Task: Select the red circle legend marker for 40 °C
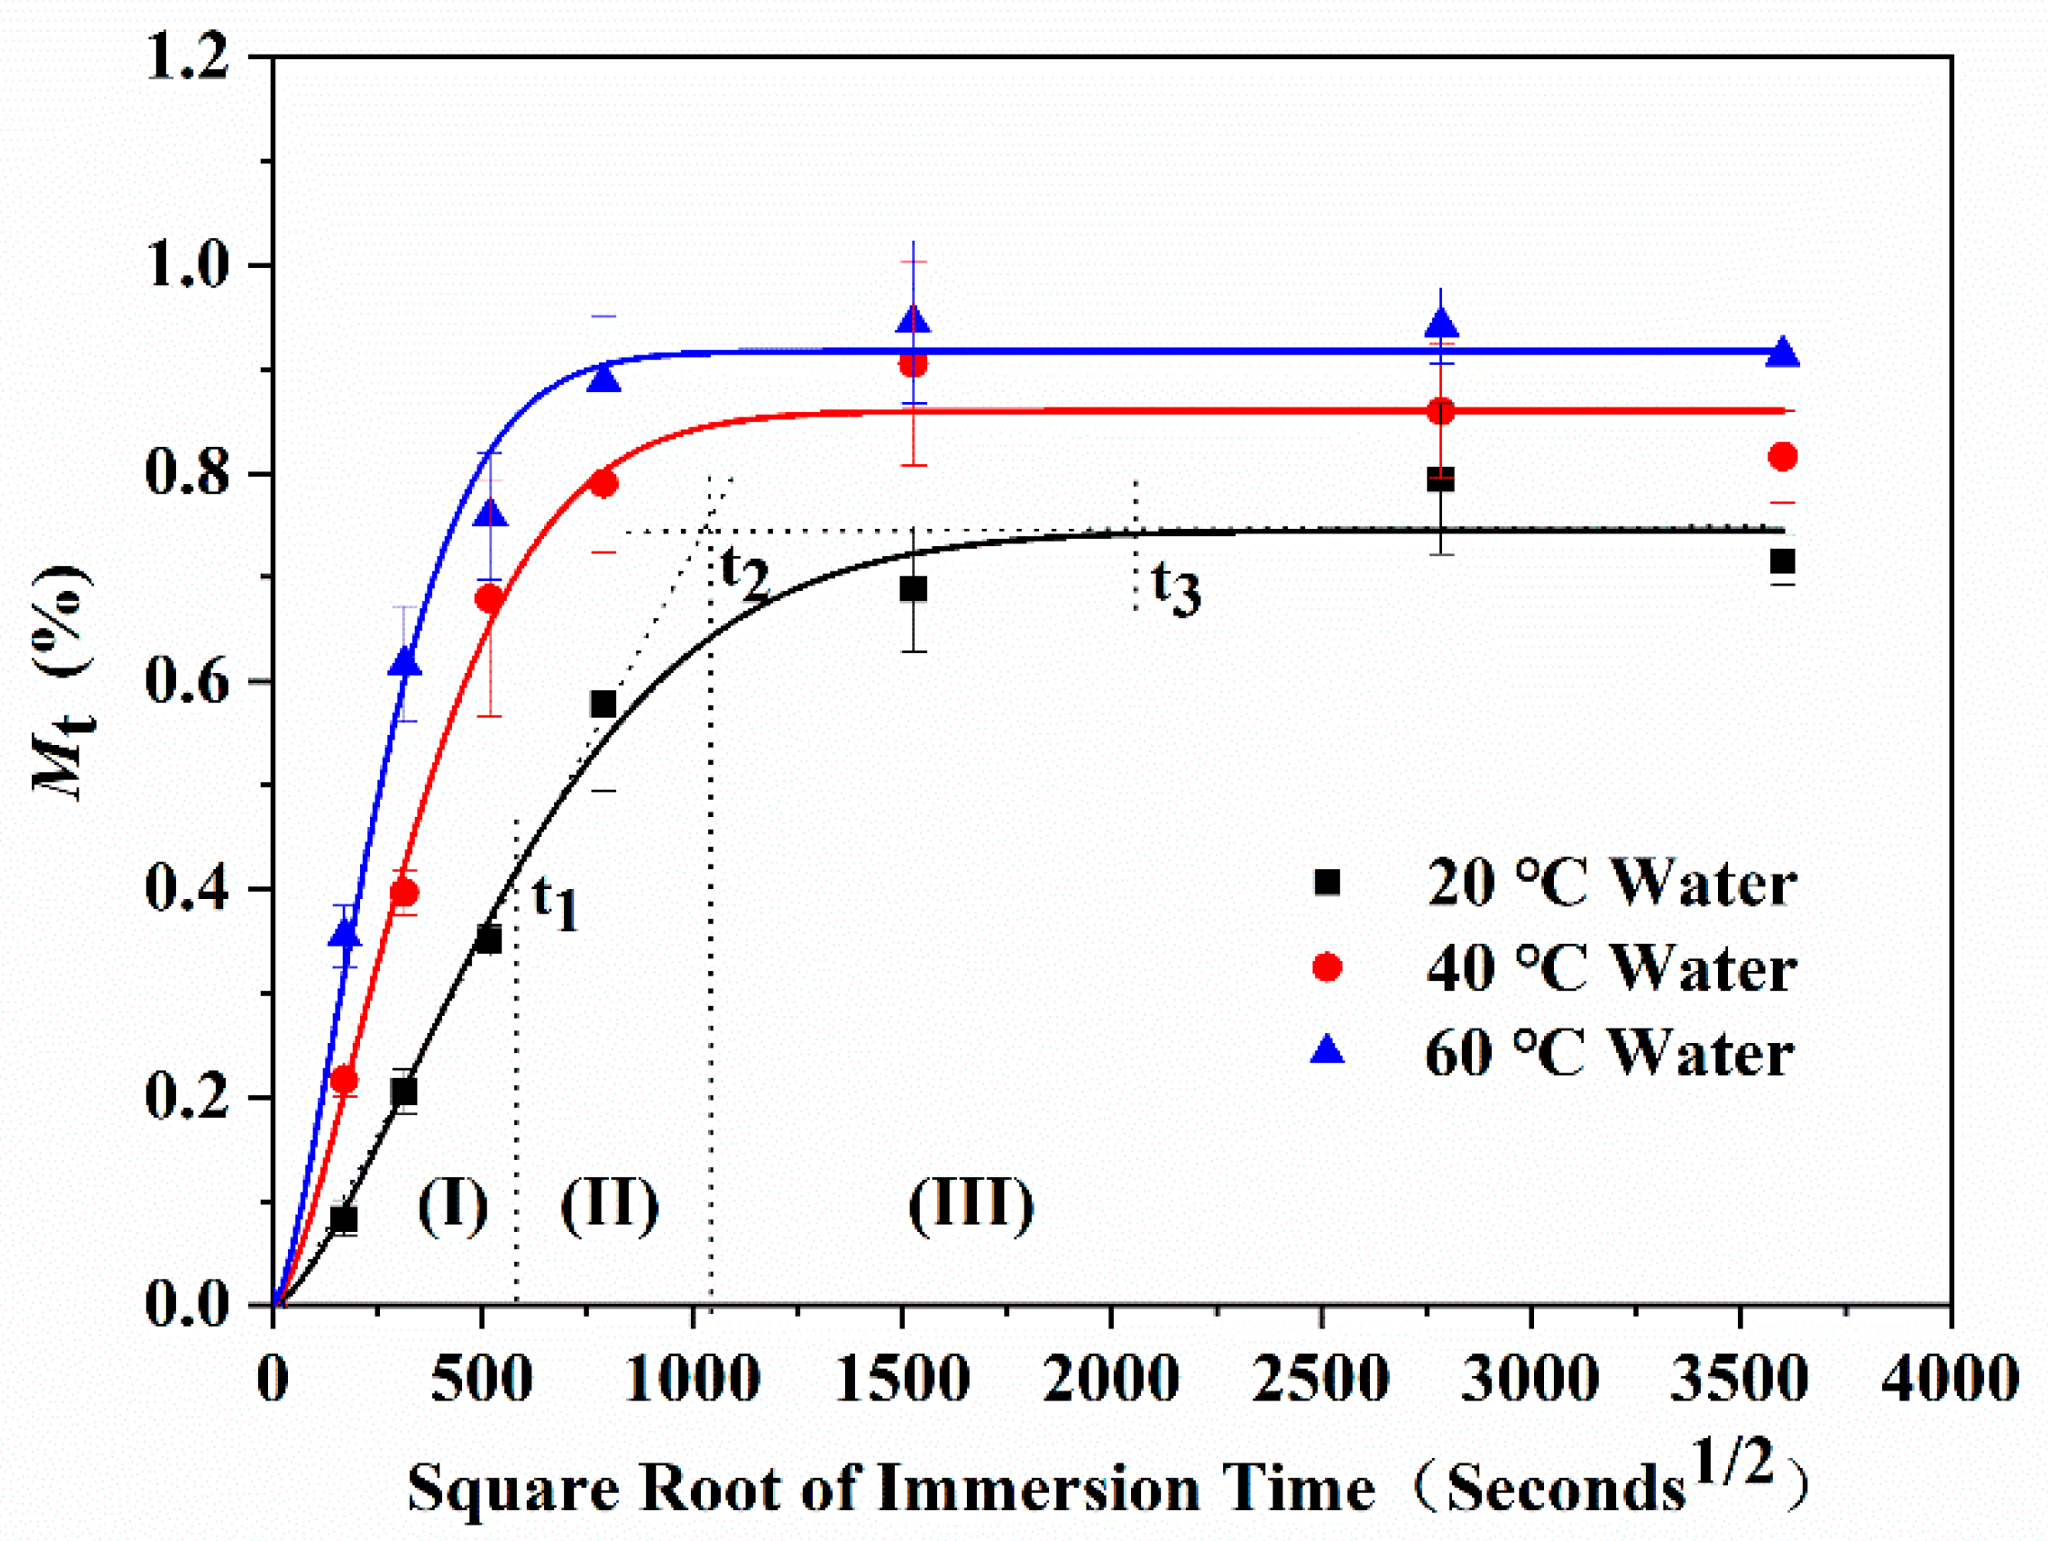point(1327,967)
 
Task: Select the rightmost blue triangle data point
point(1782,354)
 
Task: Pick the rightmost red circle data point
point(1782,456)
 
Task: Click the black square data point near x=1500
point(913,589)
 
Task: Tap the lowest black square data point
point(344,1220)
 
